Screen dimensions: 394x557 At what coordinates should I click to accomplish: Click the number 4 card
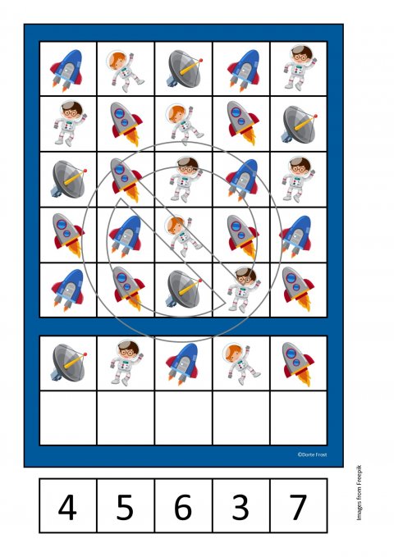[x=68, y=505]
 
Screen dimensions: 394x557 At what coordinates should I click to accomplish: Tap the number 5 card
[x=126, y=505]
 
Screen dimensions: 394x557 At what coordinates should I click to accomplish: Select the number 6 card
[x=184, y=505]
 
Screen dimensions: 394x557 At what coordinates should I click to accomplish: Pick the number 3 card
[x=241, y=505]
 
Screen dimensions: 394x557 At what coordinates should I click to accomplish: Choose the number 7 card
[x=299, y=505]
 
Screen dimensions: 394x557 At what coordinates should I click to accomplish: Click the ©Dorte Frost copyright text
[x=312, y=454]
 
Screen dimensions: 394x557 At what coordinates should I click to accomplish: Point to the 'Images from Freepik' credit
[x=359, y=492]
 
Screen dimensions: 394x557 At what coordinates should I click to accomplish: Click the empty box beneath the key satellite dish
[x=68, y=418]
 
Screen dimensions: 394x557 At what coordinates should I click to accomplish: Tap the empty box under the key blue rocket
[x=184, y=418]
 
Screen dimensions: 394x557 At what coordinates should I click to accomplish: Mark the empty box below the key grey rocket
[x=299, y=418]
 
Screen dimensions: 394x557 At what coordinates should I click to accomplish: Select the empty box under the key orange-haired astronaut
[x=241, y=418]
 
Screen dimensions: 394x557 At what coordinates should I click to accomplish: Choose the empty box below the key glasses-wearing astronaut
[x=126, y=418]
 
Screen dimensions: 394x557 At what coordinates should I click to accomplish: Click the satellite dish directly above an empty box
[x=69, y=363]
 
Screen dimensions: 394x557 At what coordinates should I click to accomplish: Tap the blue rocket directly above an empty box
[x=183, y=363]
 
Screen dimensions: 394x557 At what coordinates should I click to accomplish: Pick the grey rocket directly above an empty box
[x=298, y=363]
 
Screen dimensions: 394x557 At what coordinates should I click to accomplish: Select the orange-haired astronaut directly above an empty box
[x=241, y=363]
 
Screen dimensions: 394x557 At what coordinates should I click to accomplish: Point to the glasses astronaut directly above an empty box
[x=126, y=363]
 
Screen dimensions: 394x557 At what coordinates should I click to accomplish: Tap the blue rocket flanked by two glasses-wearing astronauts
[x=242, y=180]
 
